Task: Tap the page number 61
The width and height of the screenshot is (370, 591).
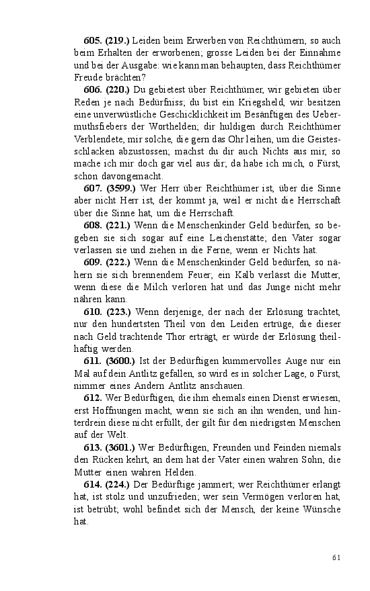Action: click(337, 556)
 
